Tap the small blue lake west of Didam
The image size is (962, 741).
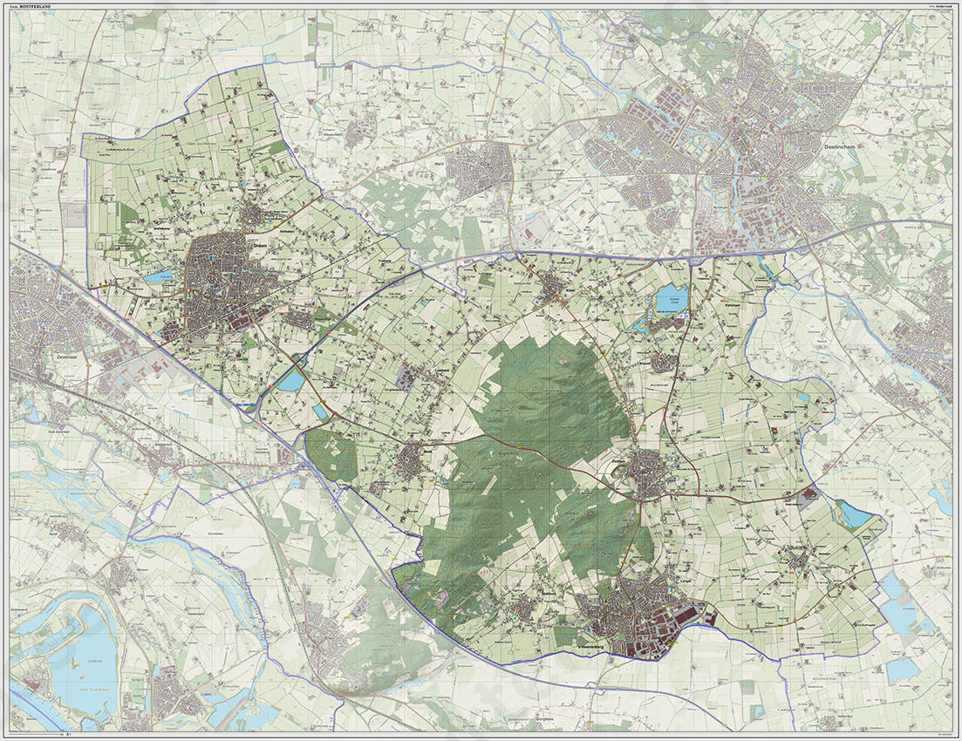pos(160,277)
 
